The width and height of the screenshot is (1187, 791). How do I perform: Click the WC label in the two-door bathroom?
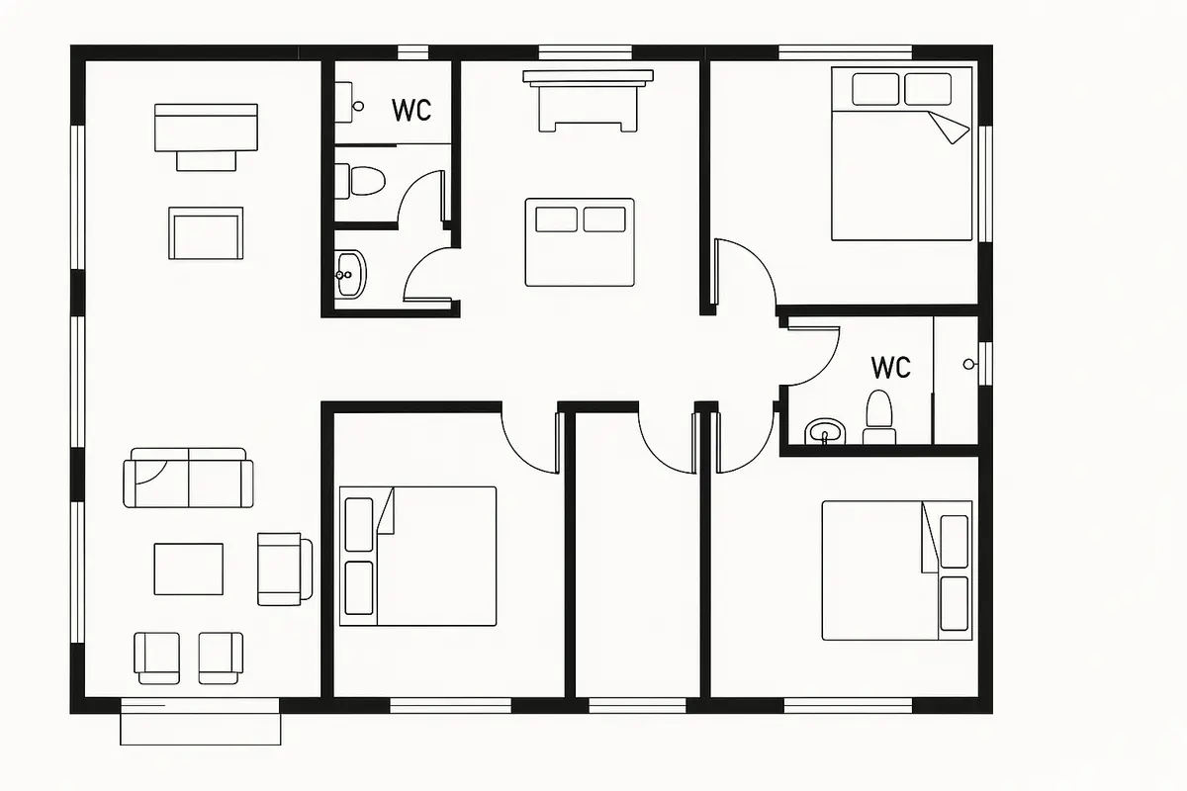click(x=411, y=110)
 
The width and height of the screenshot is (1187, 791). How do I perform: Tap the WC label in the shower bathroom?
click(x=891, y=367)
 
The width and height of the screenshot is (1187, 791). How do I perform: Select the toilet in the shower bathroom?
click(x=879, y=417)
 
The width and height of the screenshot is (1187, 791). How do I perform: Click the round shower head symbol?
click(x=968, y=364)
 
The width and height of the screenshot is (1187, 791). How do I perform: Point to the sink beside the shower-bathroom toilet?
click(x=825, y=431)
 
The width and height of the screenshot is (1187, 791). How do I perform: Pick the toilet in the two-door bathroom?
click(x=359, y=181)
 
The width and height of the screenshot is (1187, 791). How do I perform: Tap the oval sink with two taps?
click(x=350, y=274)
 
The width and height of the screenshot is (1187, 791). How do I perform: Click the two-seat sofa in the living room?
click(x=188, y=478)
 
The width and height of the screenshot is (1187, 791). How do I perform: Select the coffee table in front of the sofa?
click(x=188, y=569)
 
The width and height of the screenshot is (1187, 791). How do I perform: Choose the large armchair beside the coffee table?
click(x=285, y=569)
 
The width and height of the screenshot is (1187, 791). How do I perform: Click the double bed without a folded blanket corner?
click(x=580, y=242)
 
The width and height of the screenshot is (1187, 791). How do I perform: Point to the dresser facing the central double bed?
click(x=589, y=101)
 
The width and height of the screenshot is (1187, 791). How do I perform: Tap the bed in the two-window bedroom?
click(x=902, y=153)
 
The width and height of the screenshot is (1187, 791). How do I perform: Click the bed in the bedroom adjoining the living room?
click(x=418, y=557)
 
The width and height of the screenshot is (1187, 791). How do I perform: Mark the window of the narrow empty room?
click(x=637, y=706)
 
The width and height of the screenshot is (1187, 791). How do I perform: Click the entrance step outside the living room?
click(x=200, y=729)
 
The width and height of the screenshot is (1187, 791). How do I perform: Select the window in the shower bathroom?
click(x=985, y=364)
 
